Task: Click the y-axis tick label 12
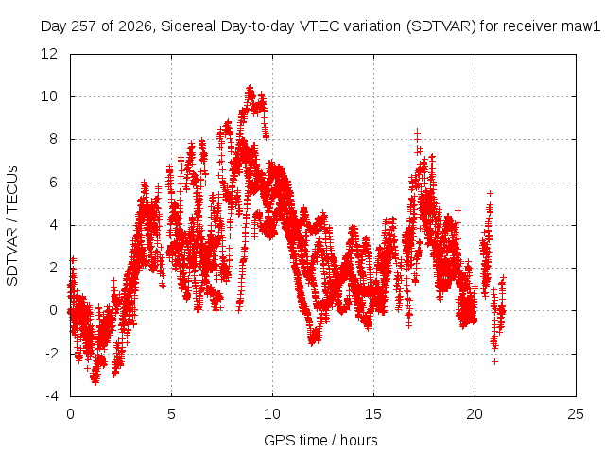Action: click(49, 53)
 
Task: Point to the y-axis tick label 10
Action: click(49, 96)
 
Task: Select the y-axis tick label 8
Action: click(53, 139)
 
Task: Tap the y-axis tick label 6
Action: click(53, 182)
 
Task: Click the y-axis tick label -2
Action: click(51, 353)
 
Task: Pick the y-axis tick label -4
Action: click(51, 396)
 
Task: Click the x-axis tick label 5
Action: click(171, 414)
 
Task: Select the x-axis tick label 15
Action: click(373, 414)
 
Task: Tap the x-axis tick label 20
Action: click(475, 414)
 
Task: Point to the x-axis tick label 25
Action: click(576, 414)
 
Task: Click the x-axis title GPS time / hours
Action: click(320, 441)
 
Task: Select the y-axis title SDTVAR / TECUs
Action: click(12, 226)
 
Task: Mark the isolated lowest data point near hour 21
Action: click(494, 361)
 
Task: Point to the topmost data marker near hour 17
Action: click(417, 131)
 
